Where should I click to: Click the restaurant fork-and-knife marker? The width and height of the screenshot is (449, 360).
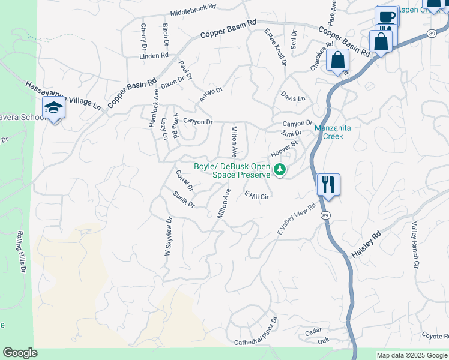(328, 184)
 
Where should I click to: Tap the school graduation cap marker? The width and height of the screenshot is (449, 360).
(53, 108)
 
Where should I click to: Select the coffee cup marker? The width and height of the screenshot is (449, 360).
(387, 16)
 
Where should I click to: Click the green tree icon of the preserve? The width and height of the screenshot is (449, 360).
(279, 170)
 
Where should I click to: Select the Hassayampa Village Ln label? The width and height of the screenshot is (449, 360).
(64, 95)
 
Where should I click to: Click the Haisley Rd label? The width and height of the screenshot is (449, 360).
(366, 245)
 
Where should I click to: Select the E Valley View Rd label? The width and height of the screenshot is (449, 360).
(296, 220)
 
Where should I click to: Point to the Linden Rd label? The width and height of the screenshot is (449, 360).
(154, 56)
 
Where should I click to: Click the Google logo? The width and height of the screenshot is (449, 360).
(20, 353)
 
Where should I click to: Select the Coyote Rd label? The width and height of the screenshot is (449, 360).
(435, 336)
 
